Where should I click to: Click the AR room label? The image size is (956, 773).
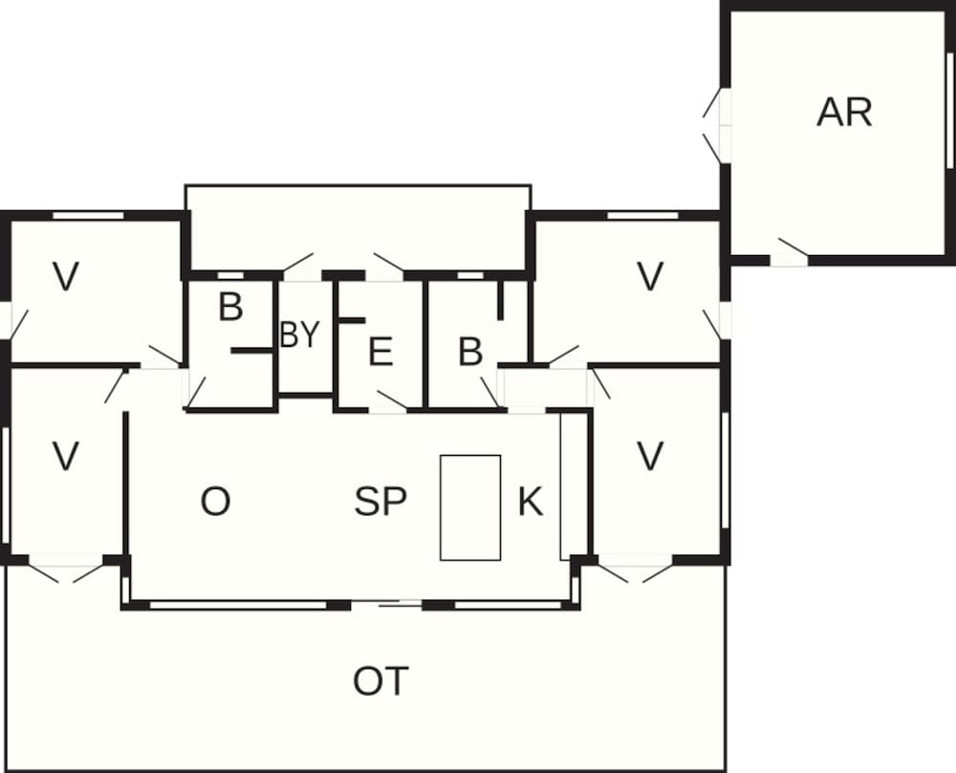845,113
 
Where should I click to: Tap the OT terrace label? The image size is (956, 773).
381,682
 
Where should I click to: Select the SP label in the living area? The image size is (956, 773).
381,502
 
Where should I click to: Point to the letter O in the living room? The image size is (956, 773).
215,502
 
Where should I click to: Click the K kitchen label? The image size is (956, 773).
531,502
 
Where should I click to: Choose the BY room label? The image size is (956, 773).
299,335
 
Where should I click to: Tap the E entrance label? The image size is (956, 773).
380,353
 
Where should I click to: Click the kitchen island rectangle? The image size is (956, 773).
469,507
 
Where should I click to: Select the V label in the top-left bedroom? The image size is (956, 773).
65,277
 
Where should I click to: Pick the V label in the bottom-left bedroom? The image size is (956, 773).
65,457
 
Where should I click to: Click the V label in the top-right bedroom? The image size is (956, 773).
650,277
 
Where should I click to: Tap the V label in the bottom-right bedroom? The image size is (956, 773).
650,457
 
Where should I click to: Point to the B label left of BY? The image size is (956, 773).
230,308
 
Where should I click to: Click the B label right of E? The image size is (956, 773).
469,353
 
